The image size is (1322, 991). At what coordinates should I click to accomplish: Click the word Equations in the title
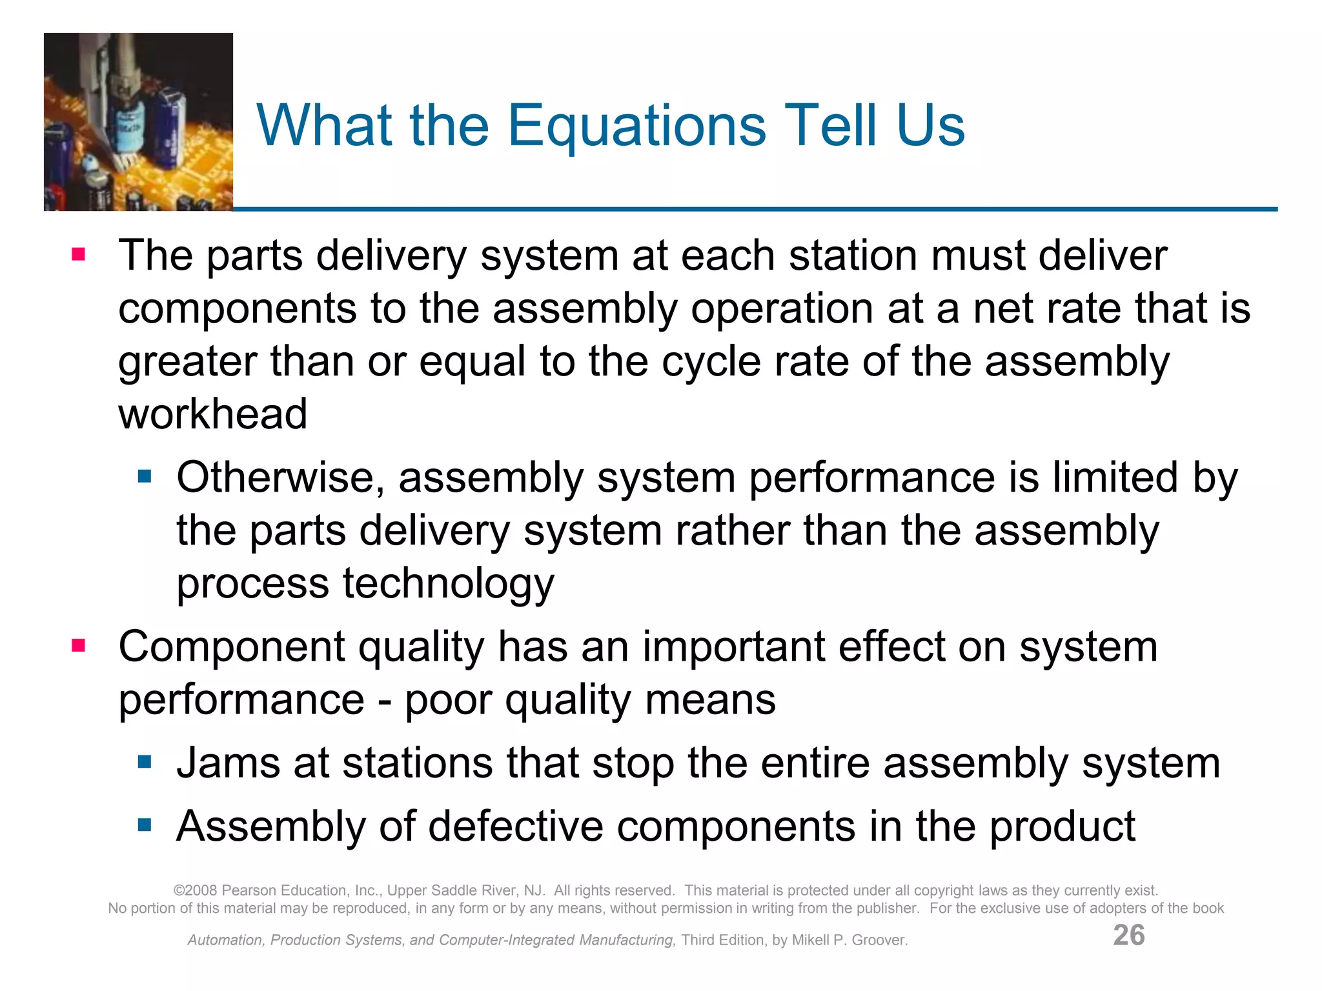click(637, 126)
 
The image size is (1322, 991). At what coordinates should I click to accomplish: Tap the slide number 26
click(1128, 935)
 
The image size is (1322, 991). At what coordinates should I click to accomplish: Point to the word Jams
click(228, 763)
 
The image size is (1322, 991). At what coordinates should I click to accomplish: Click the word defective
click(514, 826)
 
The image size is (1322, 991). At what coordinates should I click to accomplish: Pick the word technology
click(448, 584)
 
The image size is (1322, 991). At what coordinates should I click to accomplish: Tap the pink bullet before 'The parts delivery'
click(79, 255)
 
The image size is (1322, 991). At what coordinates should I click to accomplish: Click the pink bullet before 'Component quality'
click(79, 646)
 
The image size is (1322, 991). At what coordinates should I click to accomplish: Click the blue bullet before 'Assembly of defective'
click(145, 825)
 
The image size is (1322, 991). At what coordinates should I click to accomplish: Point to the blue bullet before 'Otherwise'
click(145, 477)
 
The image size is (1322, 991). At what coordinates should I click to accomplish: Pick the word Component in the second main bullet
click(232, 647)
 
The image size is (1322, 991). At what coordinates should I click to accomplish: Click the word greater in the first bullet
click(187, 362)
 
